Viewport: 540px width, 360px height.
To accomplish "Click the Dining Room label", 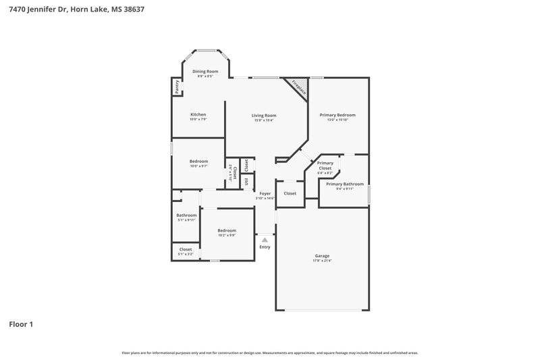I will point(205,72).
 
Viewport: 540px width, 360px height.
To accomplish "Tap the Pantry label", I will point(177,86).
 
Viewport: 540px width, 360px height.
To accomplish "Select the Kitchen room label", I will point(198,114).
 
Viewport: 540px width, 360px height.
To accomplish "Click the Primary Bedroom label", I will point(337,115).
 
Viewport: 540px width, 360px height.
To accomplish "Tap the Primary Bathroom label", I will point(344,184).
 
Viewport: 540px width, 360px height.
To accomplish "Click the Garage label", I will point(322,256).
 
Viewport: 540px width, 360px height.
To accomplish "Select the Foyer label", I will point(265,194).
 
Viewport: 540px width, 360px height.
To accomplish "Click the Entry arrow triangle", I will point(265,239).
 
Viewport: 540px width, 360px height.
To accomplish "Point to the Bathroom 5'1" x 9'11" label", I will point(186,215).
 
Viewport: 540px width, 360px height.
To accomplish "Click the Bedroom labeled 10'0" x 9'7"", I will point(198,161).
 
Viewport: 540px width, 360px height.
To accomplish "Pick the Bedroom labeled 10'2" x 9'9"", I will point(227,230).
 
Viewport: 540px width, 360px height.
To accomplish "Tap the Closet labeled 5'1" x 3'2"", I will point(186,249).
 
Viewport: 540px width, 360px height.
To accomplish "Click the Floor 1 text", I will point(21,324).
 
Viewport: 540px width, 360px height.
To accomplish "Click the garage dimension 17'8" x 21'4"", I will point(322,260).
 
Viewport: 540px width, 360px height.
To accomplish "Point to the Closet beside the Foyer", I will point(290,193).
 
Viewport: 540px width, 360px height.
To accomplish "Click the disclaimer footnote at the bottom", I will point(269,353).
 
